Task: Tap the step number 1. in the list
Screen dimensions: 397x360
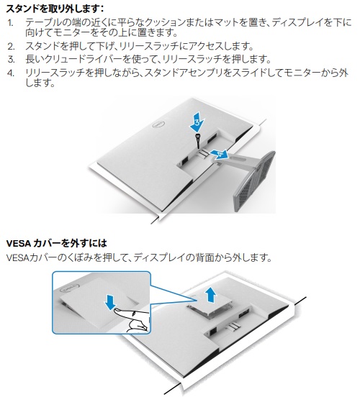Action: coord(10,23)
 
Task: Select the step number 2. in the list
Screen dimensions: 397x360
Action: coord(10,46)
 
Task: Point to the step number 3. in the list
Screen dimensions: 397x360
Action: coord(10,58)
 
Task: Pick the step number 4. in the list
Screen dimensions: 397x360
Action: coord(10,73)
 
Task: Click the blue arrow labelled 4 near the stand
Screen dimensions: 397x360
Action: coord(224,153)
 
